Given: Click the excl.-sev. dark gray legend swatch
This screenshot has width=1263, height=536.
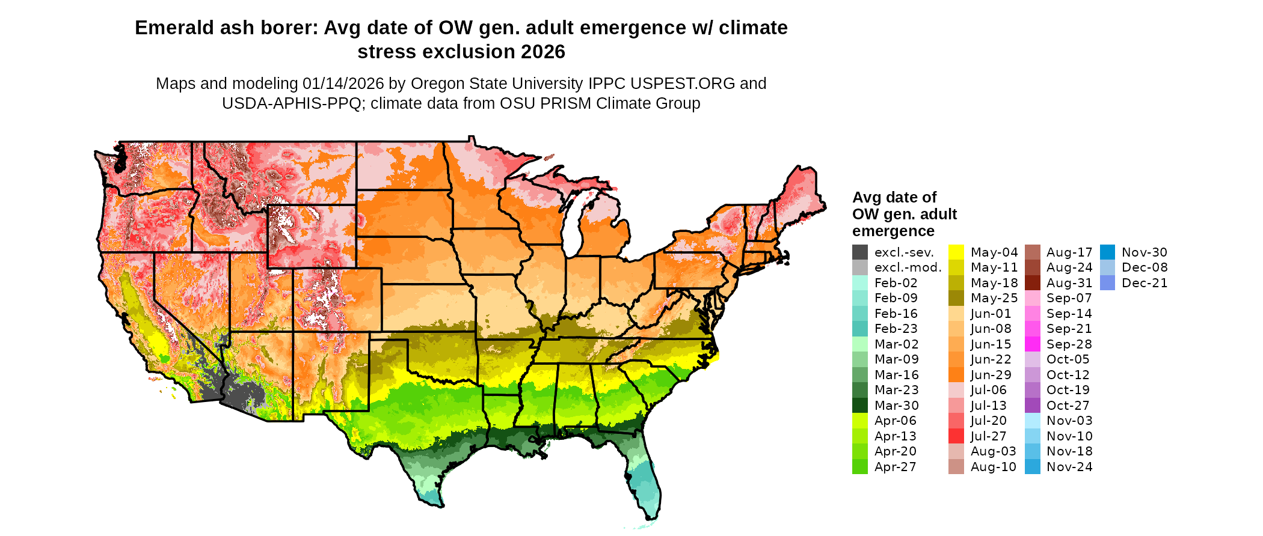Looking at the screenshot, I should click(x=860, y=252).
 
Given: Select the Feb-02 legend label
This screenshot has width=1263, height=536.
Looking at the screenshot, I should click(x=896, y=283).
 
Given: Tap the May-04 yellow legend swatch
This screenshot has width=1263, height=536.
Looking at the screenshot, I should click(x=956, y=252).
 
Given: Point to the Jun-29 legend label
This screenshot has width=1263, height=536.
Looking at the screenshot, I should click(x=991, y=375).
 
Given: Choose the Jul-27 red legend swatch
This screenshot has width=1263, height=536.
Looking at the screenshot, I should click(x=956, y=436).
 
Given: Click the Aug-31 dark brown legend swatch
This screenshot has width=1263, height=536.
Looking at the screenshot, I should click(x=1032, y=283).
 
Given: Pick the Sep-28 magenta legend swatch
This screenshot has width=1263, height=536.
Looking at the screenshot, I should click(x=1032, y=344).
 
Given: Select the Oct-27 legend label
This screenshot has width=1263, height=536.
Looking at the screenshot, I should click(x=1068, y=406).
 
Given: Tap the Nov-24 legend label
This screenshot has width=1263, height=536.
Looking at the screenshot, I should click(x=1069, y=467).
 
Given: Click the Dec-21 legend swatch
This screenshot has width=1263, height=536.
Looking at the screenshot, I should click(x=1107, y=283).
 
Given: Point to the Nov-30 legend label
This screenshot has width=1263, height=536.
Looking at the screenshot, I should click(x=1144, y=252).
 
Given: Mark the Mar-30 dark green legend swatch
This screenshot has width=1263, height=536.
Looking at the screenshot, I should click(x=860, y=406).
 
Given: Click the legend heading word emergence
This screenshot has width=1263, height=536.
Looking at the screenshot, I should click(x=893, y=231).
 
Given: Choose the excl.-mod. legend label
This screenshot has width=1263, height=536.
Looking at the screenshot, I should click(x=908, y=268).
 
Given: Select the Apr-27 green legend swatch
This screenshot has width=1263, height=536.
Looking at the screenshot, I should click(x=860, y=467).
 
